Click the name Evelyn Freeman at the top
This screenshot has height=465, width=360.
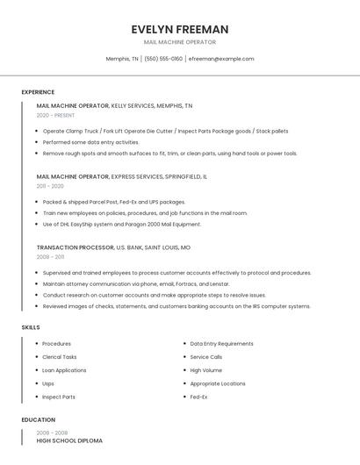pos(180,29)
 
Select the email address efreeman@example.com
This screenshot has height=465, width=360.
pos(221,59)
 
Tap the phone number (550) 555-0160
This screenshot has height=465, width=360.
pos(163,59)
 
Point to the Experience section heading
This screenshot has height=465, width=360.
pos(38,92)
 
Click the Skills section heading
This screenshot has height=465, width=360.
pos(31,327)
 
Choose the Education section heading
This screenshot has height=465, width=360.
pos(38,420)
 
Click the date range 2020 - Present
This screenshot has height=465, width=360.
pos(55,115)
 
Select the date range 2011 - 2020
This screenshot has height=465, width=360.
pos(50,186)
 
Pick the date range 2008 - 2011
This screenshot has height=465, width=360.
pos(50,257)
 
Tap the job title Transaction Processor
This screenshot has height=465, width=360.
pos(76,247)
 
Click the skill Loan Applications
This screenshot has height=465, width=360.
pos(64,370)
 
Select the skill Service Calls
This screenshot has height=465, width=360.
pos(206,357)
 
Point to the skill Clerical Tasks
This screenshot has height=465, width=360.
pos(60,357)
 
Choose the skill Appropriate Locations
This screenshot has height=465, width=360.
pos(218,383)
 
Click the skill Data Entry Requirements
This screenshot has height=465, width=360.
pos(221,344)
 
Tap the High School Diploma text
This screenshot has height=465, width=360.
pos(69,440)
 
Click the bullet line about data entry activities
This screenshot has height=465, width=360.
pos(90,142)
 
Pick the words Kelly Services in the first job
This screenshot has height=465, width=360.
pos(132,105)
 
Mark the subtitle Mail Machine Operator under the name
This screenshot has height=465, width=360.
pos(180,42)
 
